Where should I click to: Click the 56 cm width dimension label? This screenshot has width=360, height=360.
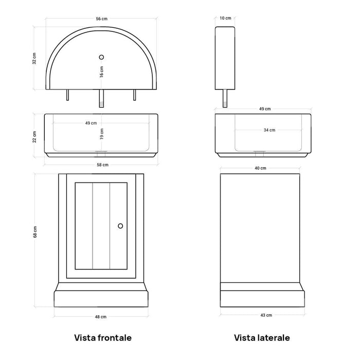(x=101, y=19)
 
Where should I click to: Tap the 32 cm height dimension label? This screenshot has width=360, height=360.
(x=34, y=58)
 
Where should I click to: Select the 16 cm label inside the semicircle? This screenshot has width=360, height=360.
(x=101, y=71)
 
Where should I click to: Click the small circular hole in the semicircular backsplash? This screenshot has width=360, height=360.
(x=101, y=57)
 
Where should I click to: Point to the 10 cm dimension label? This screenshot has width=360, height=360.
(x=225, y=18)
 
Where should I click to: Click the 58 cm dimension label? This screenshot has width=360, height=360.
(x=102, y=165)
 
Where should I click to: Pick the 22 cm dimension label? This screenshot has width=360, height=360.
(x=34, y=137)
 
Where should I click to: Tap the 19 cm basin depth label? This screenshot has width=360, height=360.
(x=102, y=134)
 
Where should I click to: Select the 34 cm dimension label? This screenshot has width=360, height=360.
(x=269, y=130)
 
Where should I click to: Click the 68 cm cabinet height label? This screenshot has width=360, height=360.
(x=35, y=231)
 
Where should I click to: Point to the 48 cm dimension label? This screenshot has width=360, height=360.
(x=101, y=317)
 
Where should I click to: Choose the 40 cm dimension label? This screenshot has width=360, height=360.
(x=260, y=168)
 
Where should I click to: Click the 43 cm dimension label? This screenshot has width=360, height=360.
(x=266, y=315)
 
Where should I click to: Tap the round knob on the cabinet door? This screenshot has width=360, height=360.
(x=120, y=226)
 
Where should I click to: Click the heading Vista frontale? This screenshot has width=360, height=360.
(x=103, y=338)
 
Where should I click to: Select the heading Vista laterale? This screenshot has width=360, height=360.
(x=262, y=338)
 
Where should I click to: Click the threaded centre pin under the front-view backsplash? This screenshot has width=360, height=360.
(x=101, y=98)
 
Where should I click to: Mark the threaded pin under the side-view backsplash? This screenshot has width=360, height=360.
(x=225, y=98)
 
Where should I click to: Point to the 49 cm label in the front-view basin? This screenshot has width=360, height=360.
(x=91, y=123)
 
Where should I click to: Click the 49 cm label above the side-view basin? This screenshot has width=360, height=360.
(x=265, y=109)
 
